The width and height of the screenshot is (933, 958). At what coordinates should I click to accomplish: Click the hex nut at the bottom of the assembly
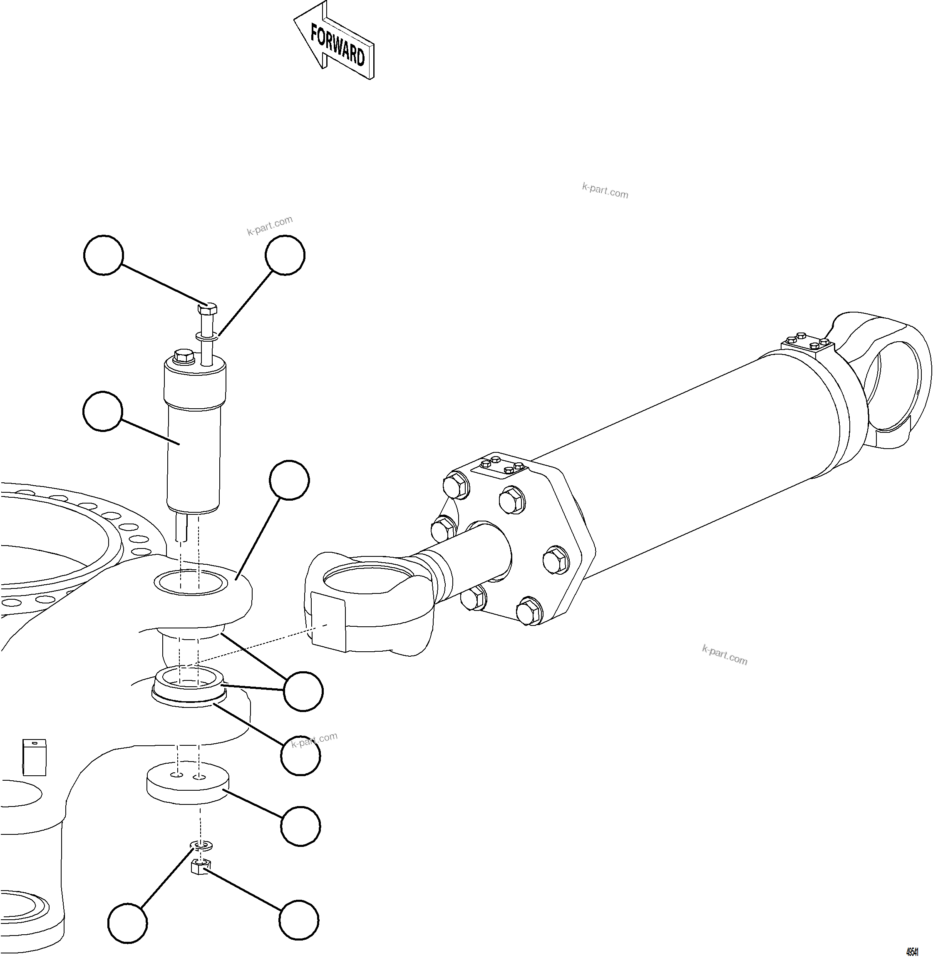[x=200, y=868]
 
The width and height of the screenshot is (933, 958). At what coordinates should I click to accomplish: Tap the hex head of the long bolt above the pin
[x=207, y=309]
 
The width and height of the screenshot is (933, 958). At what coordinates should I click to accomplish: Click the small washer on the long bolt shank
[x=208, y=336]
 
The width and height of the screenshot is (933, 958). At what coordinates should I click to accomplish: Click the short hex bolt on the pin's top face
[x=183, y=356]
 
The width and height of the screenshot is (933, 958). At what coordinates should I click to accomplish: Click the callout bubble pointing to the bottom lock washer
[x=127, y=924]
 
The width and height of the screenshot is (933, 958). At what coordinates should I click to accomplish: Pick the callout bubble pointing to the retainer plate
[x=300, y=826]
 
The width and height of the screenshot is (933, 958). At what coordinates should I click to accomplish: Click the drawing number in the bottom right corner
[x=911, y=951]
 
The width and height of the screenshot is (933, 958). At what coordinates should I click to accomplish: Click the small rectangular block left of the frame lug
[x=34, y=757]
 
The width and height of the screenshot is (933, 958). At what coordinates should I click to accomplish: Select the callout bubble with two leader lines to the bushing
[x=303, y=691]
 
